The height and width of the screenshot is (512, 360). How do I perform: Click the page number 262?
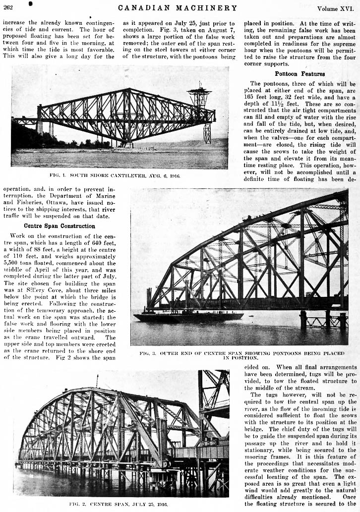7,7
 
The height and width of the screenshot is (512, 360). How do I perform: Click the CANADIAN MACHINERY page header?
178,7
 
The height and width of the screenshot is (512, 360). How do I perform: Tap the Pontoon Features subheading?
300,74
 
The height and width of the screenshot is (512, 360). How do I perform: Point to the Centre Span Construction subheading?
53,226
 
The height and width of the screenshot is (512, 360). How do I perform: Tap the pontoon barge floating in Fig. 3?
188,316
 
